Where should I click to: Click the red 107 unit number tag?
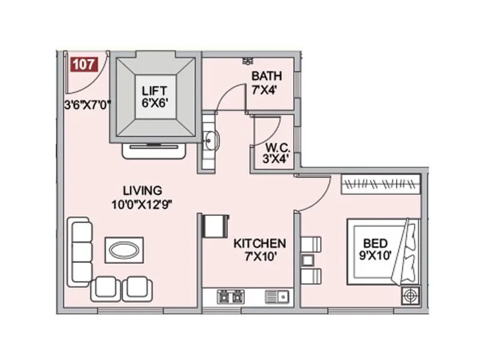83,64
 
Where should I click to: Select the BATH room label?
263,76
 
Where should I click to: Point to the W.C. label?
277,147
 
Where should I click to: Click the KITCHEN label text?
259,244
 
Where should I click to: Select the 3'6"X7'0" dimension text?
88,104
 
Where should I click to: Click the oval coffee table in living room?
124,249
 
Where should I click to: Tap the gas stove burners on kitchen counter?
231,296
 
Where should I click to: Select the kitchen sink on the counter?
277,296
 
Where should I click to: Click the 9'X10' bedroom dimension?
376,256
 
